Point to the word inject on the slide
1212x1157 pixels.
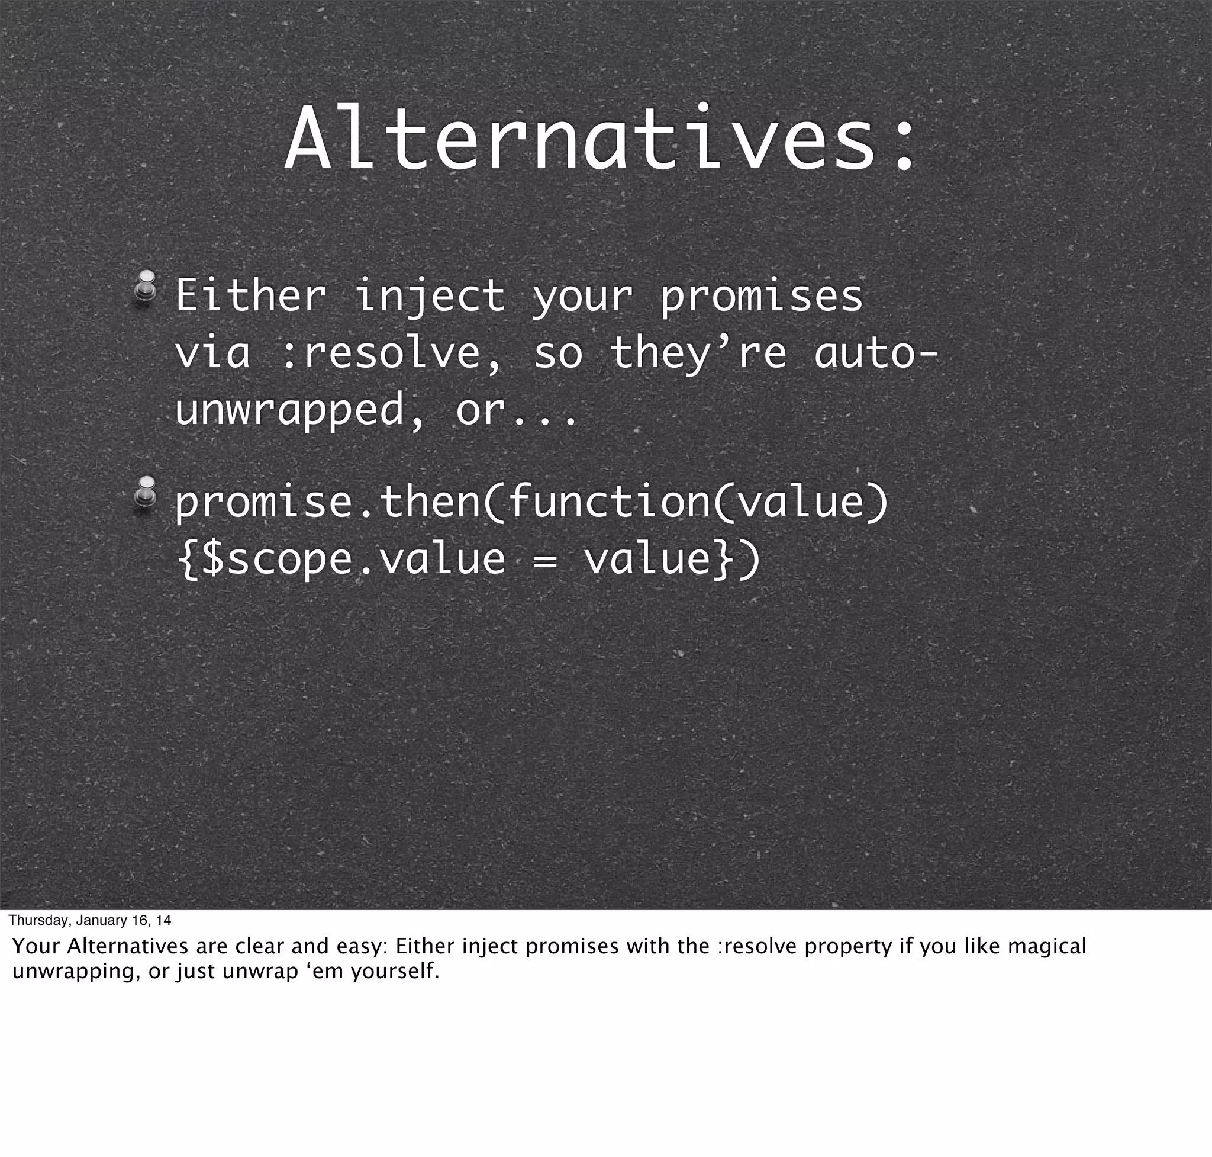[x=429, y=298]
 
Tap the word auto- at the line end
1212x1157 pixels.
[x=875, y=353]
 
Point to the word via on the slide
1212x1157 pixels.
[x=212, y=353]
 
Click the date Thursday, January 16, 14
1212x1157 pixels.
[x=90, y=921]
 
